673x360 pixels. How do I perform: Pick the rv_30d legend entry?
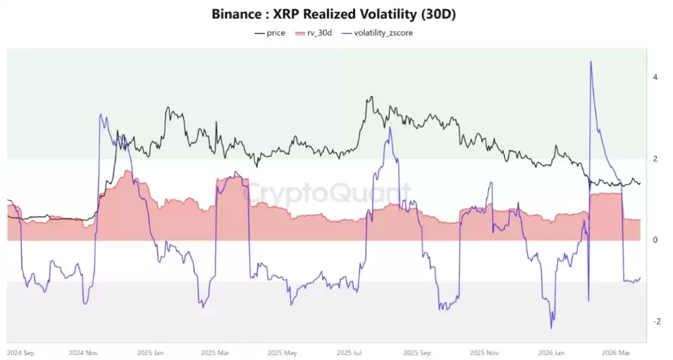pyautogui.click(x=318, y=33)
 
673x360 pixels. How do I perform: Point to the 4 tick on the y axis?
pyautogui.click(x=655, y=77)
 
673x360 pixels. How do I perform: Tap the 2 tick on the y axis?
pyautogui.click(x=655, y=159)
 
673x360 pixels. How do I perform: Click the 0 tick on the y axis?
pyautogui.click(x=655, y=240)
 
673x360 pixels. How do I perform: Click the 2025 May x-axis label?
pyautogui.click(x=283, y=352)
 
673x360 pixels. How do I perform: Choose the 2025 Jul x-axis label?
pyautogui.click(x=350, y=352)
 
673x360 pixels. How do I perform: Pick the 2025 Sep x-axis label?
pyautogui.click(x=415, y=352)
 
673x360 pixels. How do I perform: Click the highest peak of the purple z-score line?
pyautogui.click(x=591, y=62)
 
